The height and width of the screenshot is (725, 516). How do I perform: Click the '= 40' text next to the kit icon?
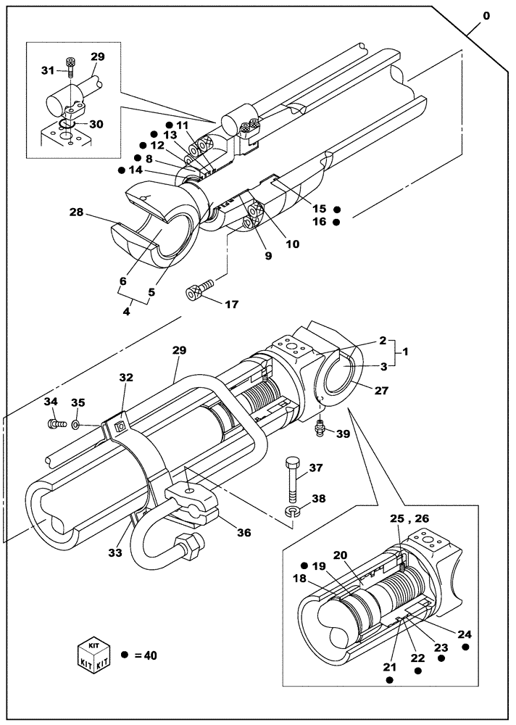(145, 655)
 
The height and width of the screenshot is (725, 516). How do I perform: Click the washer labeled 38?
(291, 513)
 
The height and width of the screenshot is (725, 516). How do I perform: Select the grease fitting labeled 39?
(320, 431)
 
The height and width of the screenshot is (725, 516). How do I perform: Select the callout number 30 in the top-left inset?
(96, 124)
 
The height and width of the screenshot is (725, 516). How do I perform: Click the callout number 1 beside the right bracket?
(407, 351)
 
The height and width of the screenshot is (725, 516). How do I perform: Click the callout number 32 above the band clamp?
(127, 378)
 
